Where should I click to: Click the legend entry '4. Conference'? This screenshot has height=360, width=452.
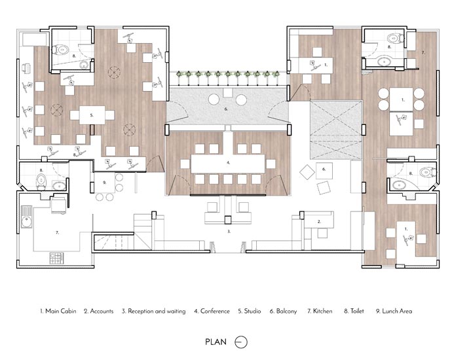click(x=212, y=311)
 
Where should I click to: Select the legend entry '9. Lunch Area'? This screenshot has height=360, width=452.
click(x=394, y=311)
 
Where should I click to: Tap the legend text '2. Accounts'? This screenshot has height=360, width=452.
click(x=98, y=311)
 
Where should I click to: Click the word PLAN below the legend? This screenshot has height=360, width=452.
click(x=216, y=342)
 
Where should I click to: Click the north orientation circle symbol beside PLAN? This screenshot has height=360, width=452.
click(x=241, y=342)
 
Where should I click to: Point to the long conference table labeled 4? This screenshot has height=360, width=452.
click(x=228, y=164)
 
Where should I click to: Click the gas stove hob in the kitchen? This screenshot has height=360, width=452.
click(x=57, y=258)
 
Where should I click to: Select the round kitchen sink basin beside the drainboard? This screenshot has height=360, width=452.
click(x=27, y=222)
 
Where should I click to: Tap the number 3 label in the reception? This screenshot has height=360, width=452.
click(x=229, y=231)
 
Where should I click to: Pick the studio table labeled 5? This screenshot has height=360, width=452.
click(x=92, y=115)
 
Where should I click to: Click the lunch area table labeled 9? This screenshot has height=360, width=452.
click(x=105, y=183)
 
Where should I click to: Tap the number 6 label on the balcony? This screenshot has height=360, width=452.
click(x=226, y=109)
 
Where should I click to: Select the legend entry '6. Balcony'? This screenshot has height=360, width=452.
click(x=284, y=311)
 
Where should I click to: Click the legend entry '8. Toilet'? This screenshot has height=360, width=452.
click(x=354, y=311)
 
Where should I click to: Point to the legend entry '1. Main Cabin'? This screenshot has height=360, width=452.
click(x=58, y=311)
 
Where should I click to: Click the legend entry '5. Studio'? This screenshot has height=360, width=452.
click(x=250, y=311)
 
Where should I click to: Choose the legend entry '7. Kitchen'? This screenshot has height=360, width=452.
click(x=320, y=311)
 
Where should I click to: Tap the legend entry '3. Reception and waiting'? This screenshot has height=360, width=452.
click(x=154, y=312)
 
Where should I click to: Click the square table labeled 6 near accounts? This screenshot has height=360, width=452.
click(x=324, y=171)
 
